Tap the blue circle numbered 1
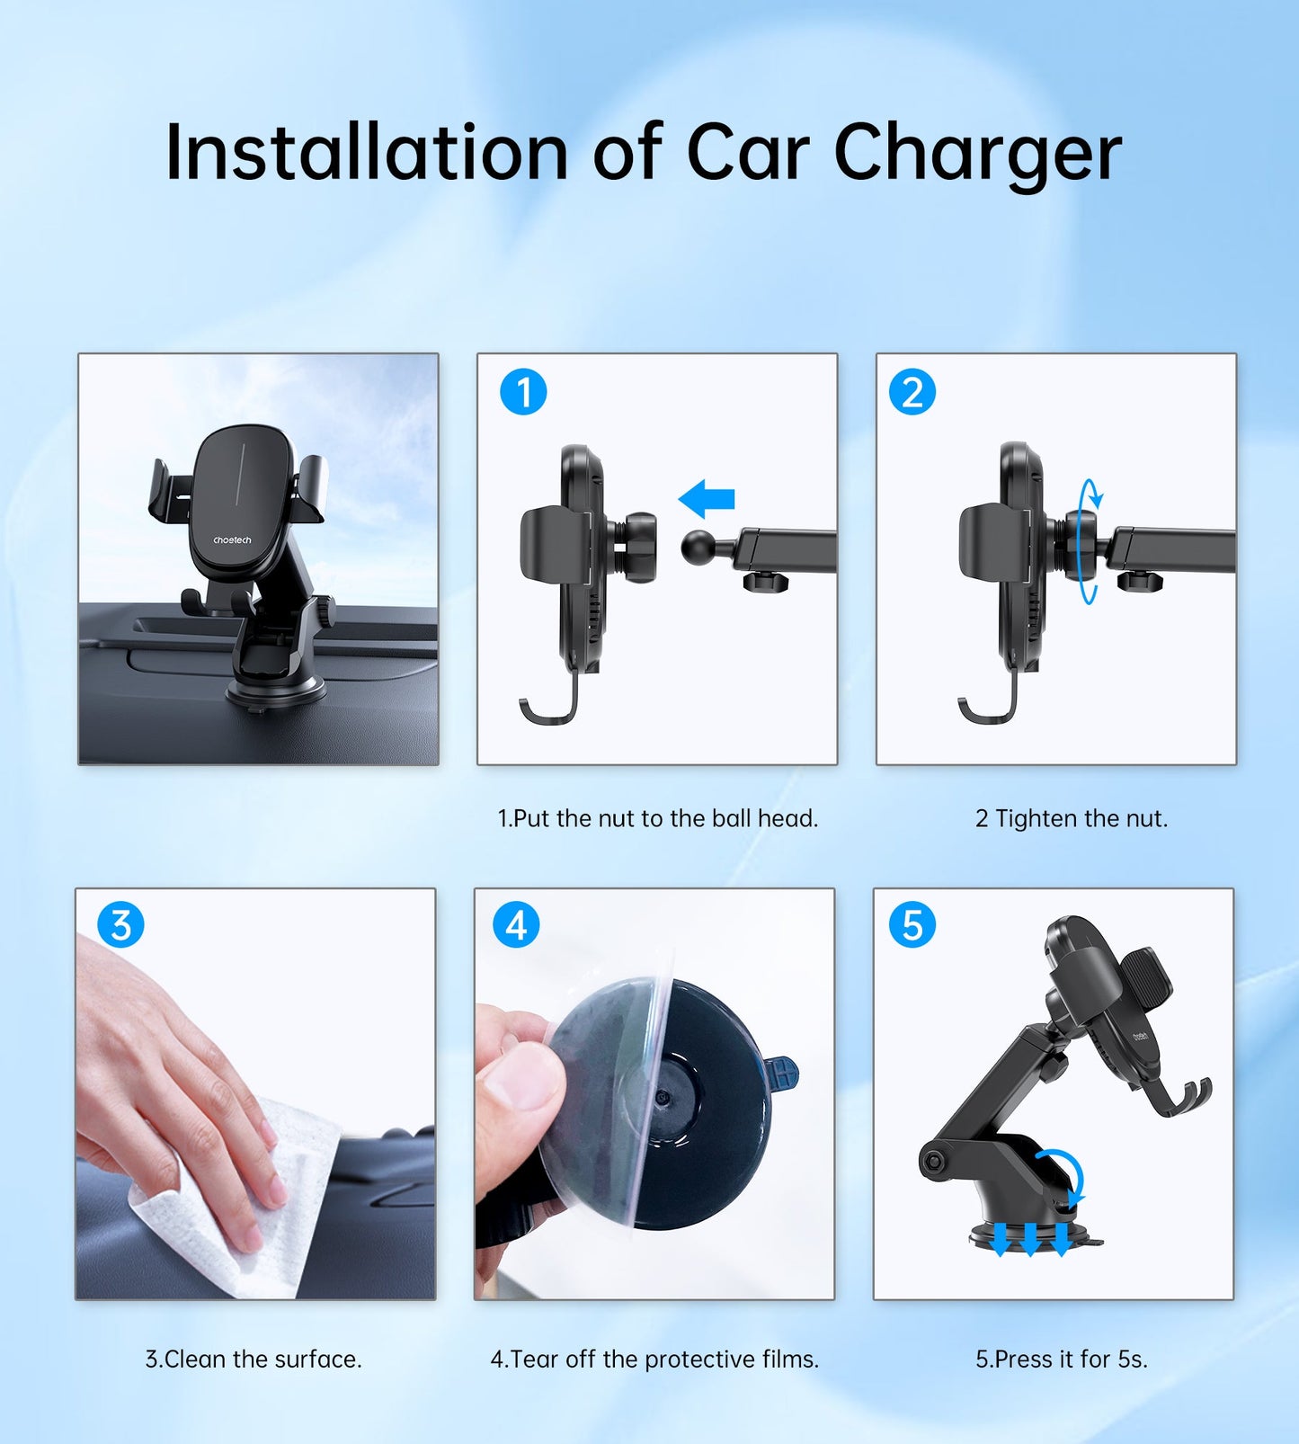click(523, 392)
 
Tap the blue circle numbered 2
click(912, 392)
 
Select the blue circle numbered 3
click(120, 924)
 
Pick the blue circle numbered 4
click(516, 924)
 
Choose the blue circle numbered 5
click(912, 924)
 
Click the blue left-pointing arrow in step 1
click(707, 499)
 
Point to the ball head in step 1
click(699, 548)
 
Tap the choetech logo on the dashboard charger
click(232, 540)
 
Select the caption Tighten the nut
click(1072, 818)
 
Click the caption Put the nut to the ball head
click(658, 818)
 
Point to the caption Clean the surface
click(254, 1359)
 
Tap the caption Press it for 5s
click(1062, 1359)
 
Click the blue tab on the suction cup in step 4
click(782, 1074)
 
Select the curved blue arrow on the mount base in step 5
click(1065, 1173)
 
